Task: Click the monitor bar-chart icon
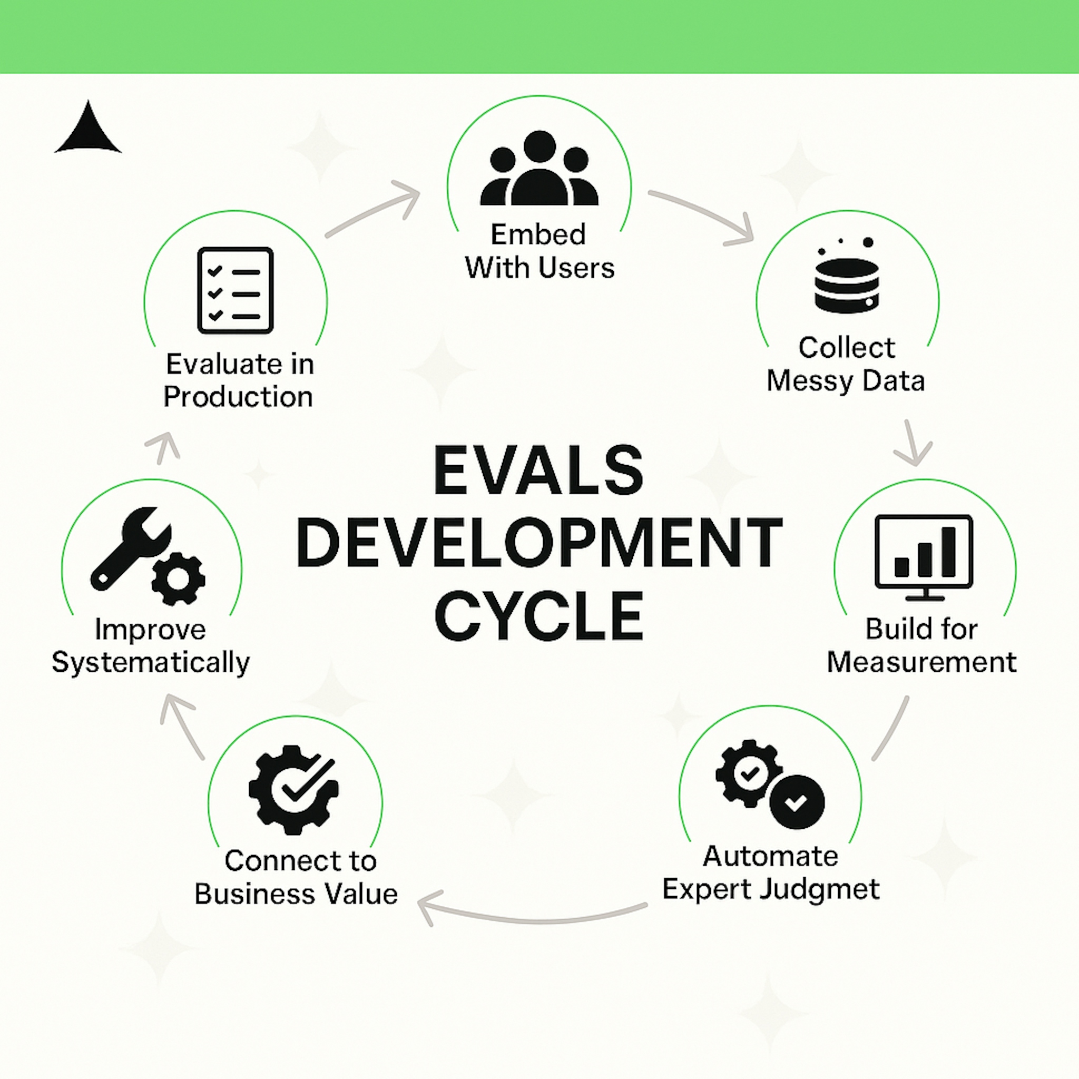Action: (924, 557)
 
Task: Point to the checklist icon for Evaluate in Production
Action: (235, 290)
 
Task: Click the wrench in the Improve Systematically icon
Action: (130, 548)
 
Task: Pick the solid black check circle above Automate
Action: (797, 802)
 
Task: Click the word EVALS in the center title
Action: (539, 470)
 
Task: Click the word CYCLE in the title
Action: (539, 615)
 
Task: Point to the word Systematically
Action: (151, 663)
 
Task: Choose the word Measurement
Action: (921, 662)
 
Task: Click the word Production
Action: (238, 397)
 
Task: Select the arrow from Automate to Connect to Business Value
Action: (533, 920)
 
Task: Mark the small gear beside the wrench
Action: (178, 578)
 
